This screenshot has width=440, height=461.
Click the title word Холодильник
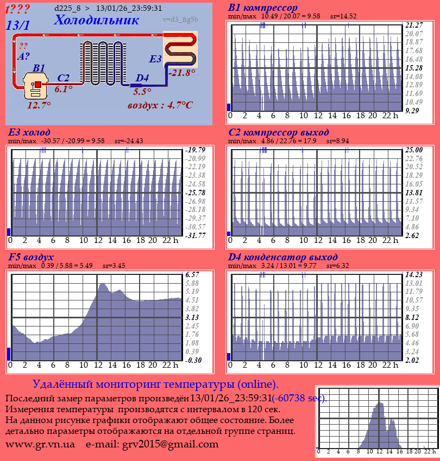[96, 21]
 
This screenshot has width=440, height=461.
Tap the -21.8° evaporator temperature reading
[182, 72]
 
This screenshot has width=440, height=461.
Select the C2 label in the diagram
[64, 78]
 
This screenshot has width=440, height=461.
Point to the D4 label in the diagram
[142, 78]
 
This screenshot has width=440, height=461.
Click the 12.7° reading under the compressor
[39, 105]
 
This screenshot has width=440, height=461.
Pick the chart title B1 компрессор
[263, 8]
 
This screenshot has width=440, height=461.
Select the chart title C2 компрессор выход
[278, 132]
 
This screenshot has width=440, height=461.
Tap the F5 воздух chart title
[31, 257]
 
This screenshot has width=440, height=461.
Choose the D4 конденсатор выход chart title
[282, 257]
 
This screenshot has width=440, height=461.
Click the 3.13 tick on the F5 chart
[193, 317]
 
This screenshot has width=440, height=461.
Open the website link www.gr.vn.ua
[40, 444]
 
